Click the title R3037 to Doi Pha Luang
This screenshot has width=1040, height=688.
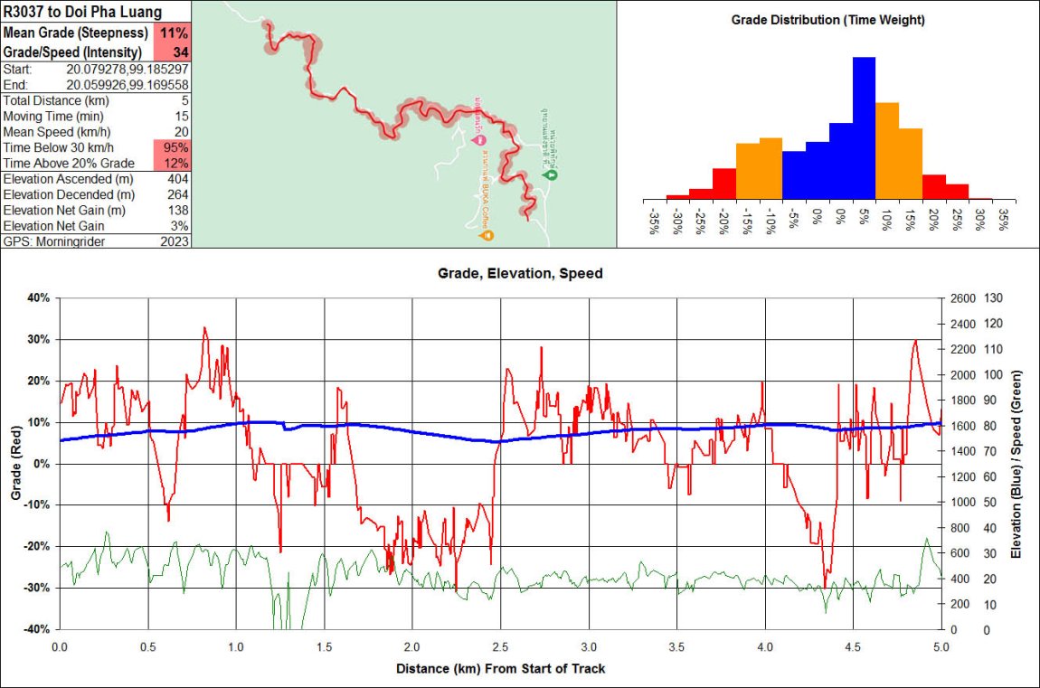[x=83, y=13]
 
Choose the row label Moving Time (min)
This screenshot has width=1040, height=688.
[x=53, y=117]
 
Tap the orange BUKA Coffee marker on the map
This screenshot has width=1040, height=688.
[x=487, y=236]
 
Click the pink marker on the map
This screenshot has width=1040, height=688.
[x=479, y=139]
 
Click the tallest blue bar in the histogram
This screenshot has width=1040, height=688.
[x=864, y=127]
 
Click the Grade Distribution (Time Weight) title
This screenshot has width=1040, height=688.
[x=827, y=20]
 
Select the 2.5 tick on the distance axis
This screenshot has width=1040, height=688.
[x=500, y=647]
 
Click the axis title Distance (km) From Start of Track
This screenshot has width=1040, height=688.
[x=500, y=669]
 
